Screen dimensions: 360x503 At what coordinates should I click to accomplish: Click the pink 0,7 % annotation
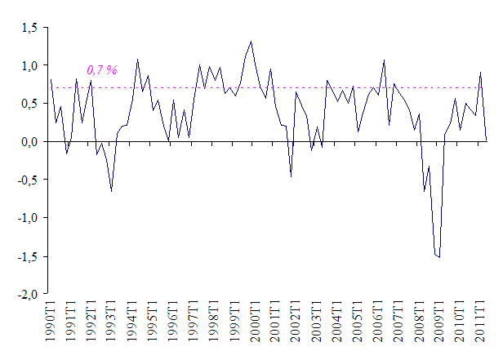(101, 72)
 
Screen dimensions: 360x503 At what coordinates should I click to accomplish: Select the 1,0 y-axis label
(29, 65)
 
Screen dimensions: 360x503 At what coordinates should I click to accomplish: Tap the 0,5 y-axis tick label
(29, 104)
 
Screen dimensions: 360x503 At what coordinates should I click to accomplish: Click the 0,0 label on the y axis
(29, 142)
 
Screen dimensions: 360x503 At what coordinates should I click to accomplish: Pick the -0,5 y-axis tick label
(28, 180)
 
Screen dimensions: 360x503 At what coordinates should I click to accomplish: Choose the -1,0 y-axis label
(28, 219)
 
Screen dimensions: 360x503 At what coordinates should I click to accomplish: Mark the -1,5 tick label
(28, 257)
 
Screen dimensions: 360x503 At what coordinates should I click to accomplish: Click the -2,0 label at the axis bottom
(28, 295)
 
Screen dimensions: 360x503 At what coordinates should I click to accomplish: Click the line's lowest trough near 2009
(439, 257)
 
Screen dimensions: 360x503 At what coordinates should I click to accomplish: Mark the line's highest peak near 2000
(251, 42)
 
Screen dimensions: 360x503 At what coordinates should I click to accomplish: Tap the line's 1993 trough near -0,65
(111, 191)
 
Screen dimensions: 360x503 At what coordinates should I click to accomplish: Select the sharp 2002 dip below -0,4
(291, 176)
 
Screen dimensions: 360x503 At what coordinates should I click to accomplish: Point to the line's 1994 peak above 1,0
(137, 59)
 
